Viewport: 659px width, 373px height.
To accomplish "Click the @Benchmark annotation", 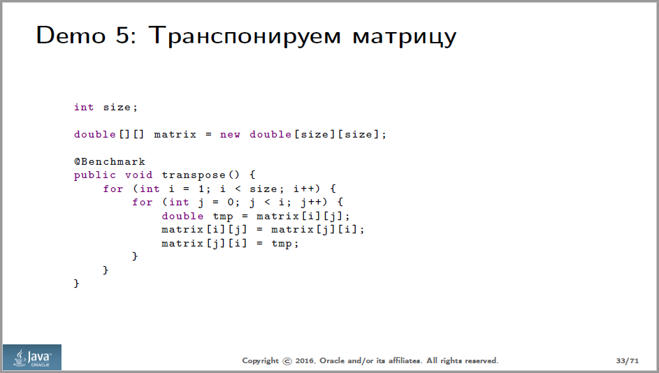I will [110, 161].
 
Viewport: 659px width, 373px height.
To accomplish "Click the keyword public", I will [96, 175].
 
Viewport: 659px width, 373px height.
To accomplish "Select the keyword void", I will [139, 175].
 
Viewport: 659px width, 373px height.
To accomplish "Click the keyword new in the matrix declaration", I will [230, 134].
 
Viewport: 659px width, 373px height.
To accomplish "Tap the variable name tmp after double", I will [223, 216].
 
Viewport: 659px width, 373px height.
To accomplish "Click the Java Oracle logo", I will [31, 357].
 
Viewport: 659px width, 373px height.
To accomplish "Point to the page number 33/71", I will [628, 360].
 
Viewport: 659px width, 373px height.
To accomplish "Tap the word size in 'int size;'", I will [117, 107].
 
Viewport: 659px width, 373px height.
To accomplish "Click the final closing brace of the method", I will [77, 283].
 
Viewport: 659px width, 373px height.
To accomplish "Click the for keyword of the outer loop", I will [113, 189].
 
